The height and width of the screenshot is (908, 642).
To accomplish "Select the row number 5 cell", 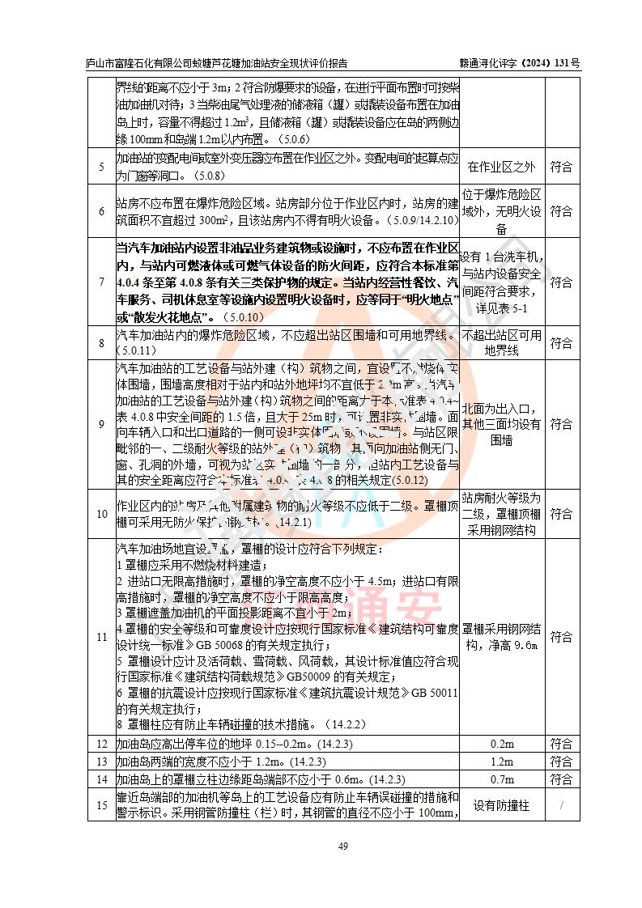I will pos(101,168).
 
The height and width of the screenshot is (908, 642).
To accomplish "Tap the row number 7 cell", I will pos(101,283).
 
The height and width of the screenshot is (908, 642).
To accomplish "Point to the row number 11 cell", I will pos(101,637).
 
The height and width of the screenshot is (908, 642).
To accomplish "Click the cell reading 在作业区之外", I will pos(502,168).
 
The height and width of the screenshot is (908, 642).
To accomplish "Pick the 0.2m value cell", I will pos(502,744).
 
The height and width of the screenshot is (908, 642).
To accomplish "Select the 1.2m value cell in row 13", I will pos(502,762).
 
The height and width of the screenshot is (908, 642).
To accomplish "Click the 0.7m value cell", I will pos(502,779).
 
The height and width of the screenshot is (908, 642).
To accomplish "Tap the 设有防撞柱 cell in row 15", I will pos(502,805).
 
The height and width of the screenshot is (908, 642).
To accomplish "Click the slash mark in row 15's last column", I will pos(561,805).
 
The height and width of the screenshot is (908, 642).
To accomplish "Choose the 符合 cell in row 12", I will pos(561,744).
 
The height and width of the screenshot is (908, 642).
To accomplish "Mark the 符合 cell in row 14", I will pos(561,779).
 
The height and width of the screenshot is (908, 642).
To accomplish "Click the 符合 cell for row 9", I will pos(561,424).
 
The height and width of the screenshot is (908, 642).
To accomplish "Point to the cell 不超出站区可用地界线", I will pos(502,343).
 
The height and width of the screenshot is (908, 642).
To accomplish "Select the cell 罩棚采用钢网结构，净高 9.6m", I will pos(502,637).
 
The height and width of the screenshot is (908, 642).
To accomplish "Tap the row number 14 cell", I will pos(101,779).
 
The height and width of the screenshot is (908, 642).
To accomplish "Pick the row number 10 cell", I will pos(101,514).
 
